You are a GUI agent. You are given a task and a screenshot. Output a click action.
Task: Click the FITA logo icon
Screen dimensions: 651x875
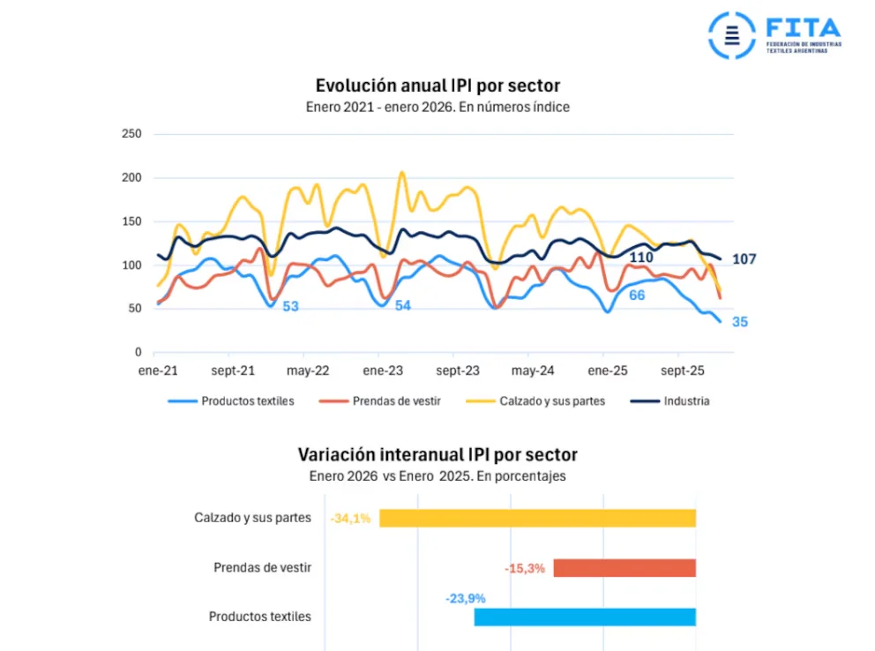click(x=731, y=35)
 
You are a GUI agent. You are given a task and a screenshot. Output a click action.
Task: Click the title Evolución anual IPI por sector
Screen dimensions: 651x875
click(x=437, y=86)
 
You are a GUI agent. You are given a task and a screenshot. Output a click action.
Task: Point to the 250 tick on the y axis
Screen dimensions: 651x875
click(x=131, y=134)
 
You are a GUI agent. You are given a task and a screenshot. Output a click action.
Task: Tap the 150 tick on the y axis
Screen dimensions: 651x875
click(x=131, y=221)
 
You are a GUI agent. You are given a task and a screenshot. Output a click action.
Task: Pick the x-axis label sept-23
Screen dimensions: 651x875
click(x=459, y=370)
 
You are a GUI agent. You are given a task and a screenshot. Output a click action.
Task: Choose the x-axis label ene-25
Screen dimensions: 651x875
click(x=608, y=370)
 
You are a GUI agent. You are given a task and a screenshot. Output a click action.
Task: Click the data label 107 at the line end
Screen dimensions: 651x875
click(x=744, y=259)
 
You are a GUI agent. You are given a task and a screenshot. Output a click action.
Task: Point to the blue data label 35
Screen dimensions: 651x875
click(x=740, y=322)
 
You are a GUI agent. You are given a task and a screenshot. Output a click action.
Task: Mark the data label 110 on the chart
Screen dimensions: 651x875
click(x=641, y=258)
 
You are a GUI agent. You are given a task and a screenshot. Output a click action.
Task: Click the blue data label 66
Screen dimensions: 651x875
click(x=637, y=295)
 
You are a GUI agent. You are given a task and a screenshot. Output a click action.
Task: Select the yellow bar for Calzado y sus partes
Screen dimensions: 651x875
click(x=537, y=518)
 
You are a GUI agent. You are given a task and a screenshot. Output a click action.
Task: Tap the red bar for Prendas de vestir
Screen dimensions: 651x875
click(x=624, y=568)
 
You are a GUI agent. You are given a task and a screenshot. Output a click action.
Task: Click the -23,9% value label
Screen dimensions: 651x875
click(x=465, y=598)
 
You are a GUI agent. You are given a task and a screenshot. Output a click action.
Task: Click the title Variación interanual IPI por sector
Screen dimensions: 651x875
click(x=437, y=455)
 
